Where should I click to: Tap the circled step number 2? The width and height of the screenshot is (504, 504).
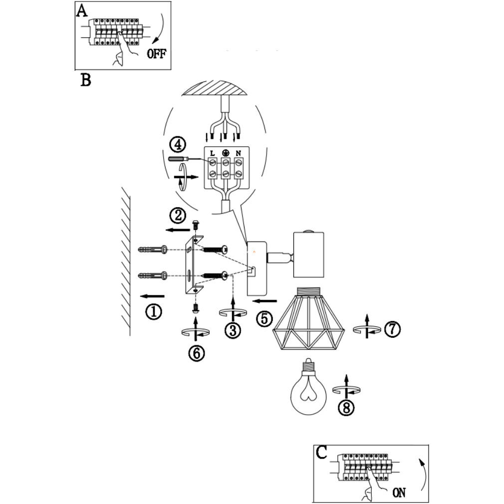click(178, 216)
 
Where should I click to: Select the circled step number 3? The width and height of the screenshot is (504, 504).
click(233, 330)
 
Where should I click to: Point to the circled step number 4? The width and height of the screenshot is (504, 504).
click(178, 145)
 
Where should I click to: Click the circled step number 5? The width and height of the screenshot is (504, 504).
click(264, 318)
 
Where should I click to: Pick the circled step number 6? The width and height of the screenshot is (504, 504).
click(196, 352)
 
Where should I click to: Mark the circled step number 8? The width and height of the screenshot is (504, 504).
click(345, 407)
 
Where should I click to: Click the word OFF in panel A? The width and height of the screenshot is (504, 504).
click(156, 54)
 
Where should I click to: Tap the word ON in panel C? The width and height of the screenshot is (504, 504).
click(399, 493)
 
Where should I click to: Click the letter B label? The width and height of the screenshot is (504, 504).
click(86, 80)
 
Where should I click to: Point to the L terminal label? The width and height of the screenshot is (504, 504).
click(213, 152)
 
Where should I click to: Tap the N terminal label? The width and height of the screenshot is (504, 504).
click(239, 152)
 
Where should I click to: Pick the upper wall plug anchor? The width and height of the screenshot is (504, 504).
click(150, 249)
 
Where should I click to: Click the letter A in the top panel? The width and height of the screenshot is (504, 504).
click(82, 11)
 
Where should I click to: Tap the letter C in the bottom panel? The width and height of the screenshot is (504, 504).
click(322, 452)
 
